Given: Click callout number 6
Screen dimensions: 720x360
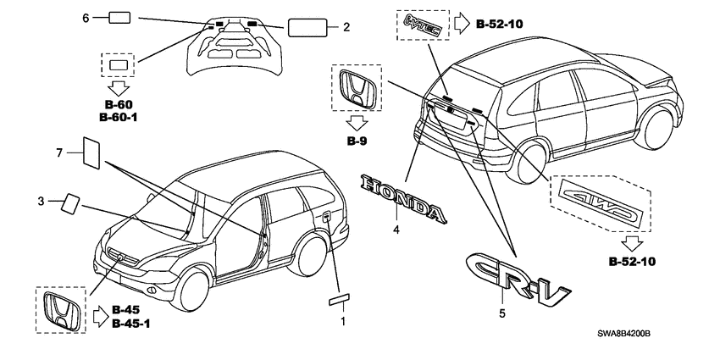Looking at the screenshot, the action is click(86, 18).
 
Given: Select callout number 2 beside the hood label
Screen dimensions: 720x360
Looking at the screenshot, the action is click(346, 28).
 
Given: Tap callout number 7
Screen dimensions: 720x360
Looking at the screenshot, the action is click(59, 153).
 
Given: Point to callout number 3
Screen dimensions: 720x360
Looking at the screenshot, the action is click(42, 201).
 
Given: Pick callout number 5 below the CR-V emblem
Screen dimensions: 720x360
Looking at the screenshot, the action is click(502, 313).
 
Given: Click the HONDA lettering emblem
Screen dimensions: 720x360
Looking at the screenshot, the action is click(404, 198).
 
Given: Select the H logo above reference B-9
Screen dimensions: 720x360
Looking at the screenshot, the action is click(357, 87).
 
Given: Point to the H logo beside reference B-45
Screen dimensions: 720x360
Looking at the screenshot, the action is click(62, 310).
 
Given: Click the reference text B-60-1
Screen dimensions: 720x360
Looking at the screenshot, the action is click(119, 118).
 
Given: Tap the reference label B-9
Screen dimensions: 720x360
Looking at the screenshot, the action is click(357, 141).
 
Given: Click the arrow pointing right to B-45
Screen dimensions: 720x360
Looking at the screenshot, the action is click(100, 317).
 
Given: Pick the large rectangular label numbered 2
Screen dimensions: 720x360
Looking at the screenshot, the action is click(307, 28).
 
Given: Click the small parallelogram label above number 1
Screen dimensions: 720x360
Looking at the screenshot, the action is click(339, 301).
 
